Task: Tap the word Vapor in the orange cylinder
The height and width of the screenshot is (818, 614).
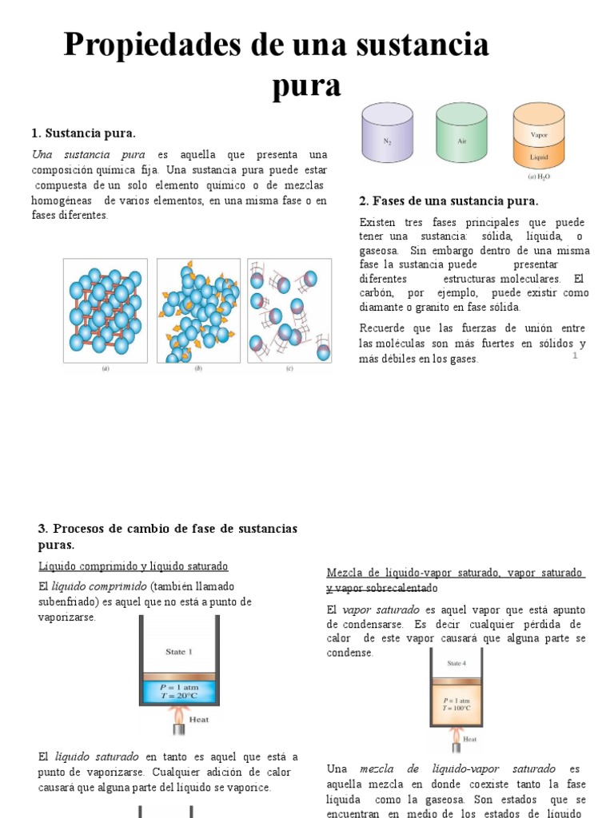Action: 538,135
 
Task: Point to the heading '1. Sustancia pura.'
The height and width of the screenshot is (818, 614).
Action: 83,133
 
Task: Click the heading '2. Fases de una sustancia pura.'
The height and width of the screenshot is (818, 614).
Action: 449,201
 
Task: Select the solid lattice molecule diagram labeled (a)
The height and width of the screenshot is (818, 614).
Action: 106,311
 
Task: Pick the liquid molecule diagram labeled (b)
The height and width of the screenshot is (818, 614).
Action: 198,311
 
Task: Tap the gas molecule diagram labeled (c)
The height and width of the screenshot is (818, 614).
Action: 289,311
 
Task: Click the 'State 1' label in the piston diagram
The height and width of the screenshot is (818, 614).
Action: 179,652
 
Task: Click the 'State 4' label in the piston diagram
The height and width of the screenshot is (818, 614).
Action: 457,662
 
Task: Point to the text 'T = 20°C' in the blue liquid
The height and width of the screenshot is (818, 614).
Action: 179,696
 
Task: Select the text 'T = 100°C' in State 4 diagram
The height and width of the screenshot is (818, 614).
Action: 457,707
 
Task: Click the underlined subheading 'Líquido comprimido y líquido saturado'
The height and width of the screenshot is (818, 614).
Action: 134,566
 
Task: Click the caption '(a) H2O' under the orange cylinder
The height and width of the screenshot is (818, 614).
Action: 537,177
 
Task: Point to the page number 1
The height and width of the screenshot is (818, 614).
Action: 574,355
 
